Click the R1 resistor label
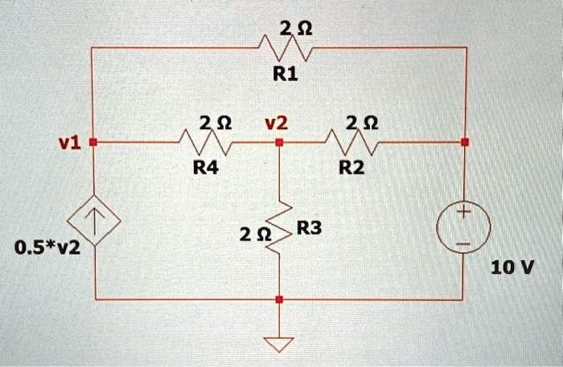[286, 75]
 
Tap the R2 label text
[351, 168]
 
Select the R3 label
[309, 230]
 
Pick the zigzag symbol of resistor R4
[207, 143]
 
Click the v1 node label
[70, 143]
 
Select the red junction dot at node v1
[92, 142]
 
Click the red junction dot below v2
[278, 142]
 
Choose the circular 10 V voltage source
[465, 227]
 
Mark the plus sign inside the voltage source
[465, 214]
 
